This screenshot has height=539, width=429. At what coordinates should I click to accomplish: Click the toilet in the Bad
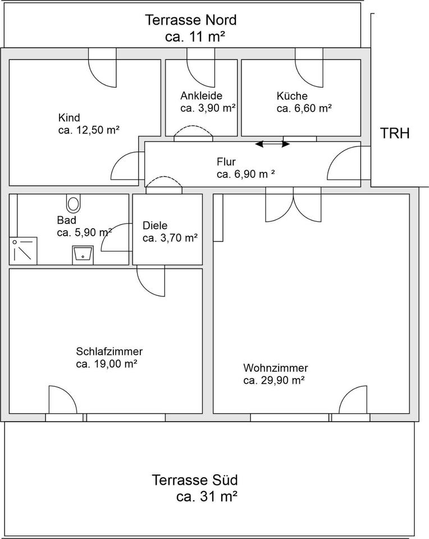pyautogui.click(x=73, y=203)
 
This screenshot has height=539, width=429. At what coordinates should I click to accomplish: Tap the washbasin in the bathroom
pyautogui.click(x=83, y=255)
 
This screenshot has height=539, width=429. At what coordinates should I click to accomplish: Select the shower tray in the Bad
pyautogui.click(x=23, y=250)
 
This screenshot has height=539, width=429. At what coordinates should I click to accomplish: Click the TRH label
pyautogui.click(x=395, y=133)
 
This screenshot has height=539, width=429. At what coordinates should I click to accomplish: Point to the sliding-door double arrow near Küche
pyautogui.click(x=272, y=144)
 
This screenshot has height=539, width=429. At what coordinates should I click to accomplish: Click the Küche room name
pyautogui.click(x=292, y=95)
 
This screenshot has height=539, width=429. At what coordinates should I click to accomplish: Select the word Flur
pyautogui.click(x=226, y=162)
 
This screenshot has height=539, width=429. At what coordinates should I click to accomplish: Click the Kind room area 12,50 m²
pyautogui.click(x=96, y=130)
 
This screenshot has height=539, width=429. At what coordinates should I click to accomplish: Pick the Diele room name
pyautogui.click(x=155, y=226)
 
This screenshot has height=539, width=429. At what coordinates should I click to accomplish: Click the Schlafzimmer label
pyautogui.click(x=109, y=351)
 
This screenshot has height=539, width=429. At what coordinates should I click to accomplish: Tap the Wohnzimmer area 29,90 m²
pyautogui.click(x=283, y=380)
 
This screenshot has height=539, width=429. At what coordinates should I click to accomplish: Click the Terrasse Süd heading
pyautogui.click(x=195, y=480)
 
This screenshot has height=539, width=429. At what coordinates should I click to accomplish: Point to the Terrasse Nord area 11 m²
pyautogui.click(x=207, y=36)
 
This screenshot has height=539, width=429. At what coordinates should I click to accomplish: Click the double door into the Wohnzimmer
pyautogui.click(x=293, y=204)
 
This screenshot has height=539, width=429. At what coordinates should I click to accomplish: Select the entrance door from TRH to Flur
pyautogui.click(x=349, y=163)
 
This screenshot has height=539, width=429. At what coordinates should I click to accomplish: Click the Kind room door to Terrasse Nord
pyautogui.click(x=102, y=67)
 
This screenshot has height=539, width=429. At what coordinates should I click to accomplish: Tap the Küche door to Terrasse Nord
pyautogui.click(x=309, y=67)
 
